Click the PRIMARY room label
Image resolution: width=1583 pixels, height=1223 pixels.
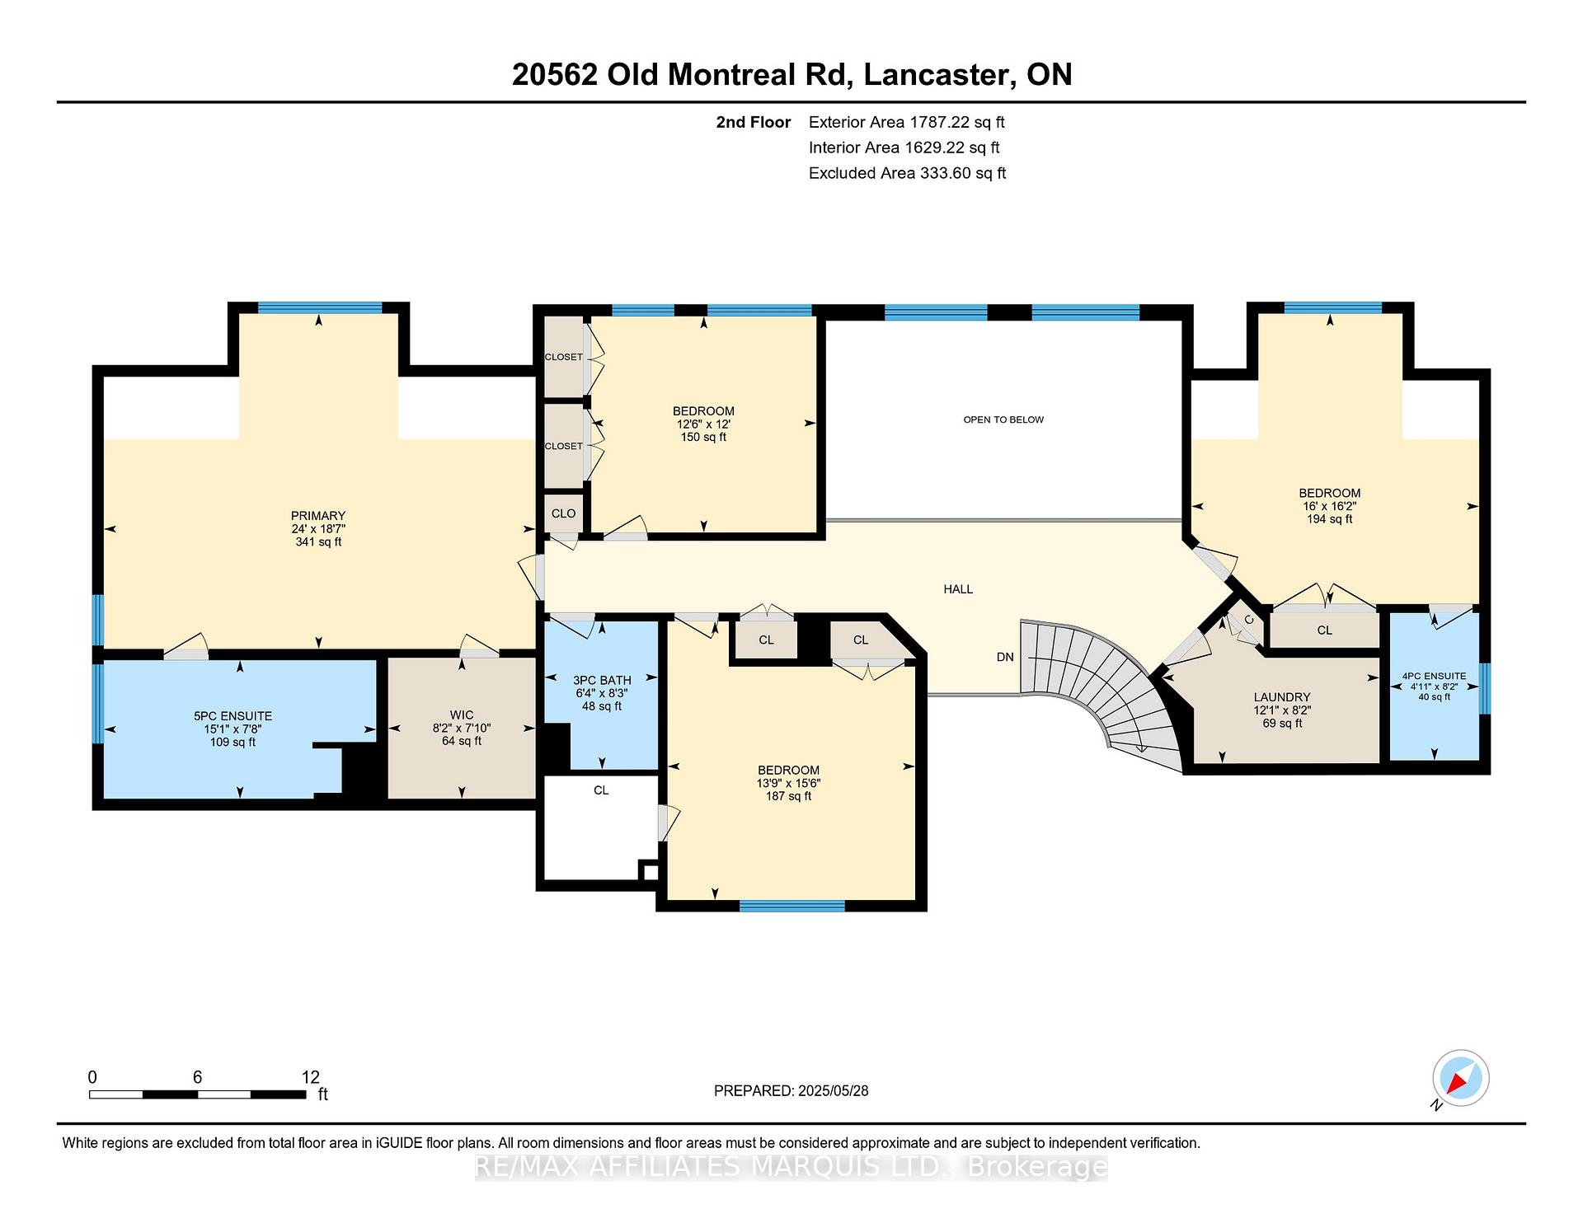[317, 516]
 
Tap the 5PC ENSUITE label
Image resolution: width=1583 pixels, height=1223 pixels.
[233, 716]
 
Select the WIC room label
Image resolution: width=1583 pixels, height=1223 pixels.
[462, 715]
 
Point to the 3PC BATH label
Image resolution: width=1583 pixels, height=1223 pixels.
[602, 680]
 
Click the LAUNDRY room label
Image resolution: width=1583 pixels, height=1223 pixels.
[1282, 697]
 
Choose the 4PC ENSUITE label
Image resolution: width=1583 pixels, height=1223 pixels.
[1435, 676]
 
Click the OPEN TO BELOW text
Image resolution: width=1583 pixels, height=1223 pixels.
[1003, 419]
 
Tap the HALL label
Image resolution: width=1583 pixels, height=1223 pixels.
[958, 589]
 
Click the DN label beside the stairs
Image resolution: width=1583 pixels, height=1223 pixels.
[1005, 657]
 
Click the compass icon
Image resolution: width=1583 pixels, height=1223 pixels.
[1460, 1078]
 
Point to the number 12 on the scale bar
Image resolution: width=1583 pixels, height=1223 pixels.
[310, 1077]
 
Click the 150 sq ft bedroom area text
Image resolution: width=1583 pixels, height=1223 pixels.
[703, 438]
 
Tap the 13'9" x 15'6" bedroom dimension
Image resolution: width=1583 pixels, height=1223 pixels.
[789, 784]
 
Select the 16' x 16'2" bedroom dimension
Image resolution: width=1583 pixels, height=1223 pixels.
[1329, 506]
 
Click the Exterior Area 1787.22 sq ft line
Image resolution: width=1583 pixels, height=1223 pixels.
[906, 123]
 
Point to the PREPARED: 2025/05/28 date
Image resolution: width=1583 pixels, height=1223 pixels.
[791, 1091]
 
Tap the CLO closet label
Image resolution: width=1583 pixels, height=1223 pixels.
[564, 513]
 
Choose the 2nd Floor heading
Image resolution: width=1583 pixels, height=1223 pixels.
[753, 123]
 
